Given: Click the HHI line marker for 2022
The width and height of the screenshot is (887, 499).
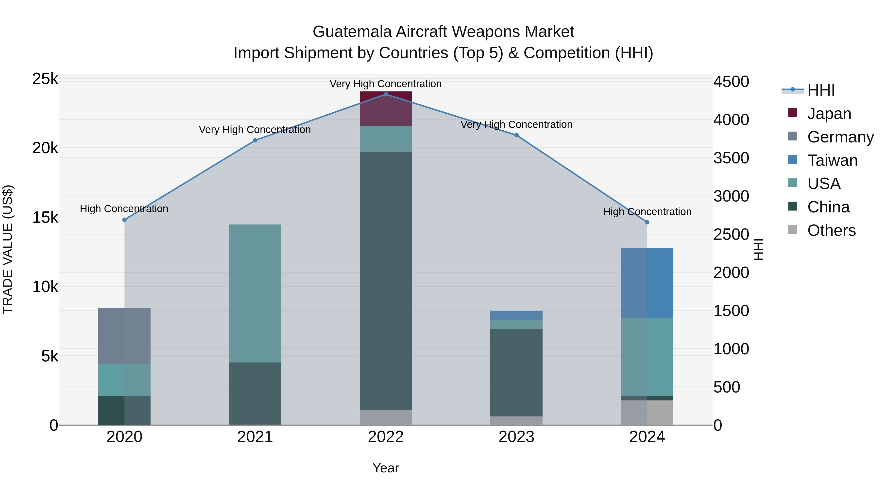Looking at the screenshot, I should coord(386,94).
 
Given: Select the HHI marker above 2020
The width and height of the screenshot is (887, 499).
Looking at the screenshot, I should coord(124,220).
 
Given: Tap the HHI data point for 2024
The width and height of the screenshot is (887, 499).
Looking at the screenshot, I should coord(647,223).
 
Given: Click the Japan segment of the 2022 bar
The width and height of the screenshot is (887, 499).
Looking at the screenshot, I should coord(386,108).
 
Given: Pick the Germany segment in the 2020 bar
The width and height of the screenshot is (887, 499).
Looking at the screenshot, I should coord(124,336).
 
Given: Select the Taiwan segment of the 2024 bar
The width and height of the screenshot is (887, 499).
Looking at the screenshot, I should coord(647,283).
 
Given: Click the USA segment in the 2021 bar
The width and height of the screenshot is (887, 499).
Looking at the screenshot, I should coord(255,293).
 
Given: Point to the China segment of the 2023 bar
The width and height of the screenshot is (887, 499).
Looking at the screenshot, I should coord(516,373).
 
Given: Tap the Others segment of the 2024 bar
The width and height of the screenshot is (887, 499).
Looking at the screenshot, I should coord(647,413).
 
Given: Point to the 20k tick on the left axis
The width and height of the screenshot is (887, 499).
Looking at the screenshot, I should coord(45,148).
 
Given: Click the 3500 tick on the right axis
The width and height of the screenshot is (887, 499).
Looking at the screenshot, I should coord(731,158).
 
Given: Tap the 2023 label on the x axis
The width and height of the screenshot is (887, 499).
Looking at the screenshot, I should coord(516,437).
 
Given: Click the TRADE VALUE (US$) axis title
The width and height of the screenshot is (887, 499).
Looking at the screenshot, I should coord(8,249).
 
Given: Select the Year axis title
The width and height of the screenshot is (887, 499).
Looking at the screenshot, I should coord(386,468).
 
